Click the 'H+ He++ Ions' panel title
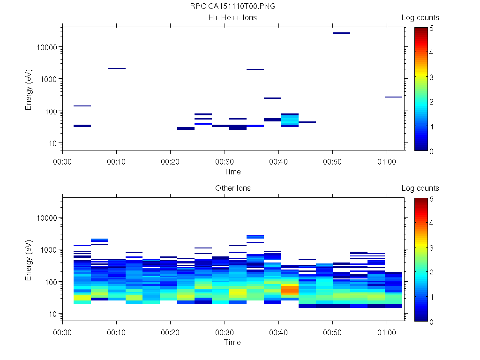pos(232,18)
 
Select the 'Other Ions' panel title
pos(232,188)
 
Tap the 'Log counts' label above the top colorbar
pos(420,18)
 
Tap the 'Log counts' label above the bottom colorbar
pos(420,188)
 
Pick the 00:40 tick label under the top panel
pos(279,161)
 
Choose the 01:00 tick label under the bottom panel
pos(386,332)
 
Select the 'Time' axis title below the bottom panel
pos(232,342)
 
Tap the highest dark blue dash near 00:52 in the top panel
pos(341,33)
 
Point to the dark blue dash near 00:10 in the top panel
pos(117,68)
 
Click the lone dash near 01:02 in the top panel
pos(393,97)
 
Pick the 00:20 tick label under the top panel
pos(171,161)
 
